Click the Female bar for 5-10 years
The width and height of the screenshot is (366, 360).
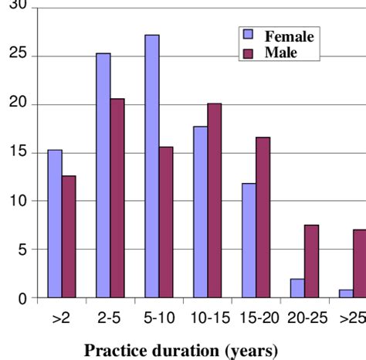pyautogui.click(x=152, y=166)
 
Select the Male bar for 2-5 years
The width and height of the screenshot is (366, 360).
pyautogui.click(x=117, y=198)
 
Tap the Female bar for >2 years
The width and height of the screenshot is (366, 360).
pyautogui.click(x=55, y=224)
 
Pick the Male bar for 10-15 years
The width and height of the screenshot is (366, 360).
pyautogui.click(x=213, y=200)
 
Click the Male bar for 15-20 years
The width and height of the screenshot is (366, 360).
pyautogui.click(x=262, y=217)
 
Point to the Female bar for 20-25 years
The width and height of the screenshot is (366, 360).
pyautogui.click(x=296, y=288)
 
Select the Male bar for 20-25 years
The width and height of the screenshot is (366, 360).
pyautogui.click(x=310, y=261)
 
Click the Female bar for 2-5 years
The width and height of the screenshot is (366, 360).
pyautogui.click(x=103, y=175)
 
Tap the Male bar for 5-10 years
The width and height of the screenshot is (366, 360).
pyautogui.click(x=165, y=222)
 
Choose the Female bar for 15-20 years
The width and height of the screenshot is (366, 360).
pyautogui.click(x=248, y=240)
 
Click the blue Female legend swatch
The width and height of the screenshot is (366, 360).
pyautogui.click(x=248, y=36)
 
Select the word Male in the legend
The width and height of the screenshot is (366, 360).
pyautogui.click(x=280, y=53)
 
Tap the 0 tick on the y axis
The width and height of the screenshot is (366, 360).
pyautogui.click(x=22, y=298)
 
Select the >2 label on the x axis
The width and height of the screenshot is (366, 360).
pyautogui.click(x=62, y=318)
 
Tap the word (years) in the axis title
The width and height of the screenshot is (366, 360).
pyautogui.click(x=251, y=350)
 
